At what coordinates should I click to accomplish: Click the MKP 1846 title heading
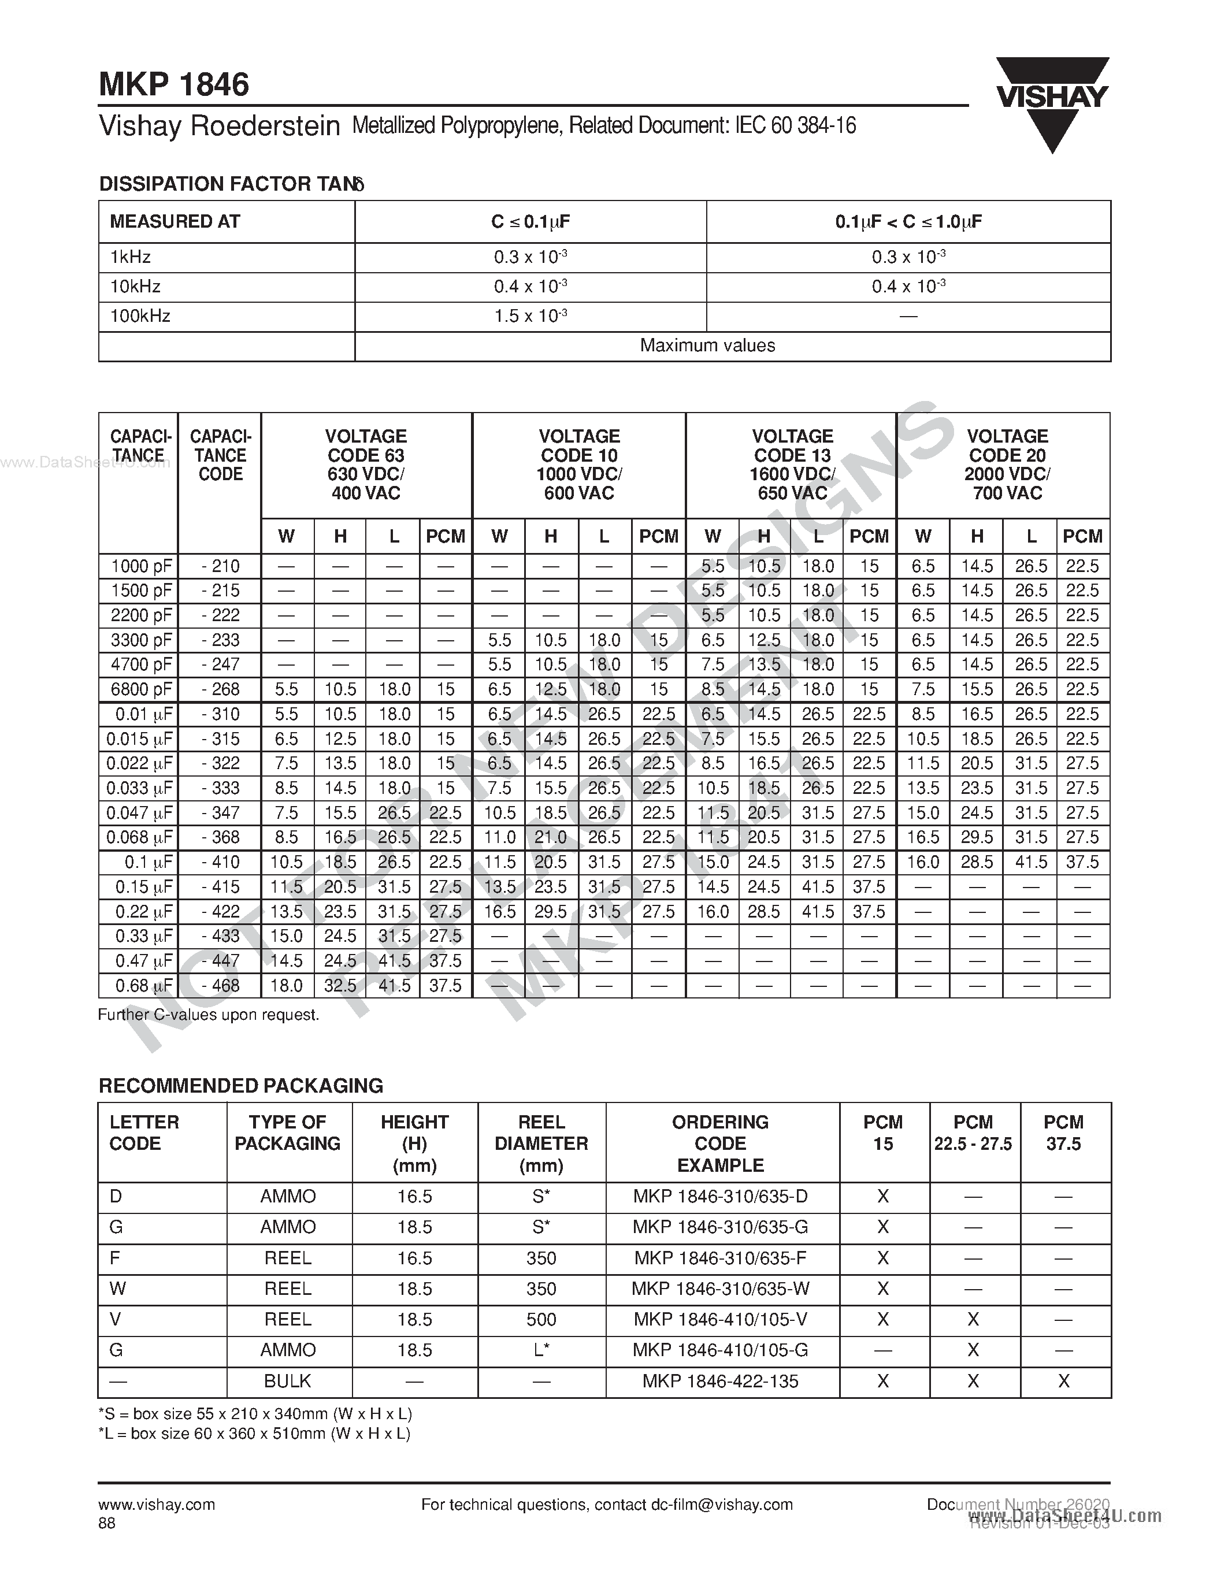tap(174, 85)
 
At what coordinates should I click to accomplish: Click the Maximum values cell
tap(707, 346)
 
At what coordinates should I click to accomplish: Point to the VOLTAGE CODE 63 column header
tap(366, 464)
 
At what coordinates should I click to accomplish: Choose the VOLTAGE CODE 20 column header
tap(1007, 464)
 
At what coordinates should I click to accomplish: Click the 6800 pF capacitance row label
tap(140, 689)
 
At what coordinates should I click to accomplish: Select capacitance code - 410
tap(220, 862)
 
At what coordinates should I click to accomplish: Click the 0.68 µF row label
tap(143, 986)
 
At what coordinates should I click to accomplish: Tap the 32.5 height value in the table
tap(340, 986)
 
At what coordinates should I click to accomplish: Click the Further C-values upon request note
tap(209, 1014)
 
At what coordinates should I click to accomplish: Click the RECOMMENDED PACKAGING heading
tap(241, 1086)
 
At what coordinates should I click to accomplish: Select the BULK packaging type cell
tap(288, 1381)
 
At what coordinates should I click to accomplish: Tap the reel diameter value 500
tap(541, 1319)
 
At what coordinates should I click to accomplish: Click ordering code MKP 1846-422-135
tap(720, 1381)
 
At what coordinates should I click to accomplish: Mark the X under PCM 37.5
tap(1063, 1381)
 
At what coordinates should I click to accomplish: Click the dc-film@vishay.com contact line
tap(607, 1505)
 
